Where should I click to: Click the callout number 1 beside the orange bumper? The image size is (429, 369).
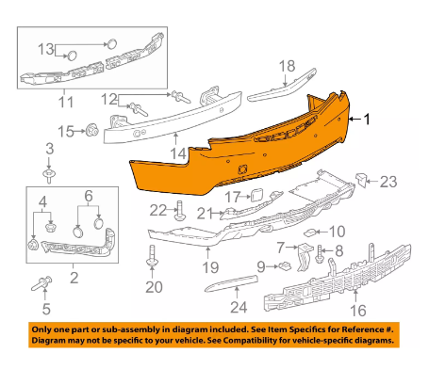[x=367, y=120]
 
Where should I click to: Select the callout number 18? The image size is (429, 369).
[x=288, y=67]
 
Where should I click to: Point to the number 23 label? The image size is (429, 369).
[x=388, y=182]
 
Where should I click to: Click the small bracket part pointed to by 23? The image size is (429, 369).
[x=361, y=181]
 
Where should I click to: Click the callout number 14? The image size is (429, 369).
[x=178, y=154]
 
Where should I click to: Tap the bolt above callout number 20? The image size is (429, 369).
[x=152, y=256]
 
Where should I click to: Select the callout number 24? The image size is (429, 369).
[x=239, y=307]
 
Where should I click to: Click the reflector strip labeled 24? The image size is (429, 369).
[x=232, y=282]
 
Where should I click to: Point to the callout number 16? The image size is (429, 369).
[x=358, y=311]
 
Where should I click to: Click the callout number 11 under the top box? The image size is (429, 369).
[x=66, y=103]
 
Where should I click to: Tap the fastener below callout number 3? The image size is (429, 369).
[x=49, y=176]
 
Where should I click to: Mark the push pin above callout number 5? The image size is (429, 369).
[x=41, y=283]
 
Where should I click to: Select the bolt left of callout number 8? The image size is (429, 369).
[x=320, y=253]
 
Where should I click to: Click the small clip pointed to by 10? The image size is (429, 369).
[x=309, y=233]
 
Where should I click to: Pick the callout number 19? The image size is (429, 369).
[x=210, y=267]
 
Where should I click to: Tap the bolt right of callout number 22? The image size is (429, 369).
[x=180, y=211]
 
